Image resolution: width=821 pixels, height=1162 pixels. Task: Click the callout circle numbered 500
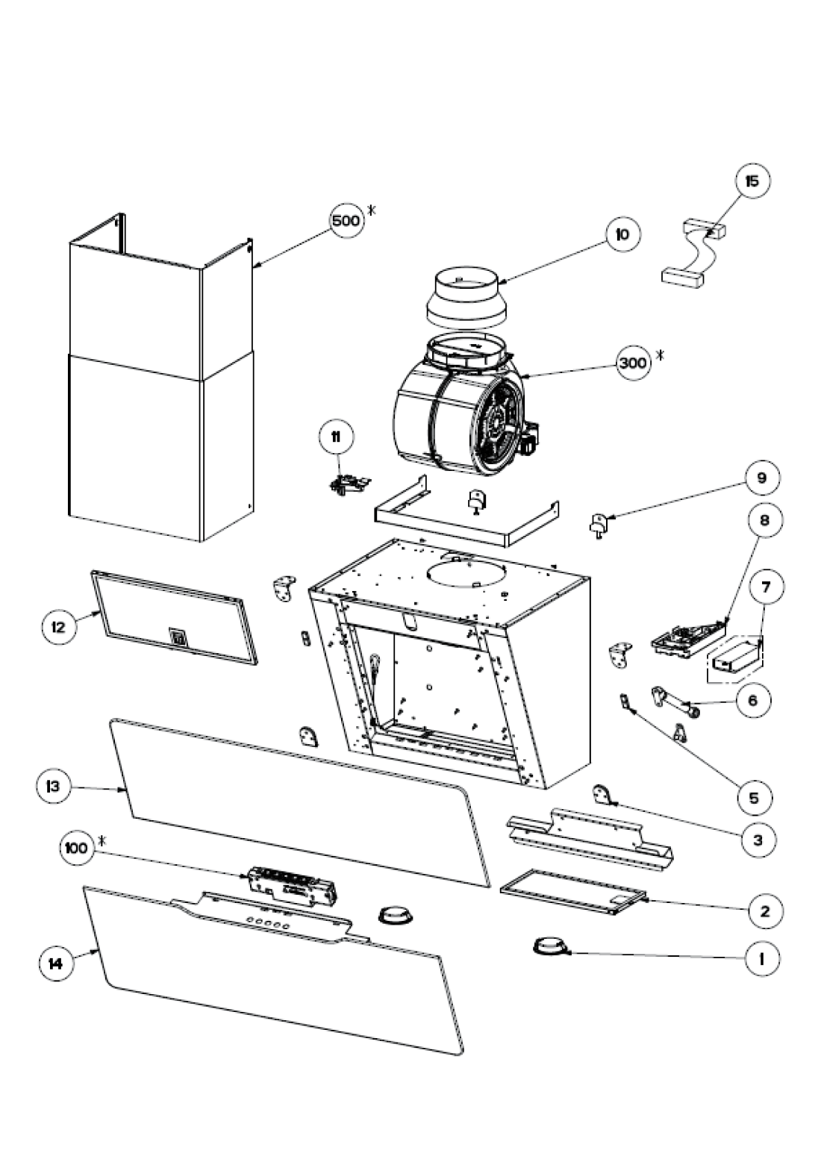click(x=346, y=220)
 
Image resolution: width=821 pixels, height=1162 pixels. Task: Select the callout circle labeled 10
click(x=622, y=234)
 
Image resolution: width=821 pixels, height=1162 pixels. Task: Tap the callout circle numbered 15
click(x=752, y=181)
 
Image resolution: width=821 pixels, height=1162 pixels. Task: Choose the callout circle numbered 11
click(x=336, y=437)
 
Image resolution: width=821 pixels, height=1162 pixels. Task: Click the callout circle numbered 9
click(x=761, y=478)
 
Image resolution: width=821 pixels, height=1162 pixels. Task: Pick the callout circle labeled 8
click(x=764, y=519)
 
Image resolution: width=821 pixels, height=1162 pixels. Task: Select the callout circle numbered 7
click(x=766, y=587)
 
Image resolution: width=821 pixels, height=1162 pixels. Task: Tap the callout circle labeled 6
click(x=752, y=699)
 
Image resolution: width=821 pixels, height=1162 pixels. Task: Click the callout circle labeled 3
click(x=758, y=840)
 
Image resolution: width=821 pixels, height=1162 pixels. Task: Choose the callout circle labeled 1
click(x=761, y=958)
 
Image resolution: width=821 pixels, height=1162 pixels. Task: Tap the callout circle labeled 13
click(x=54, y=787)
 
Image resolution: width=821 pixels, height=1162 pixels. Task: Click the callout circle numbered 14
click(x=56, y=963)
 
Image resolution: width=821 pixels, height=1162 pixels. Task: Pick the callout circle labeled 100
click(x=75, y=848)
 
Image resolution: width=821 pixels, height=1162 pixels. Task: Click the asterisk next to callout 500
click(x=371, y=210)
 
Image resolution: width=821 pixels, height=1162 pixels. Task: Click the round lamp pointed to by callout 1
click(x=549, y=947)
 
